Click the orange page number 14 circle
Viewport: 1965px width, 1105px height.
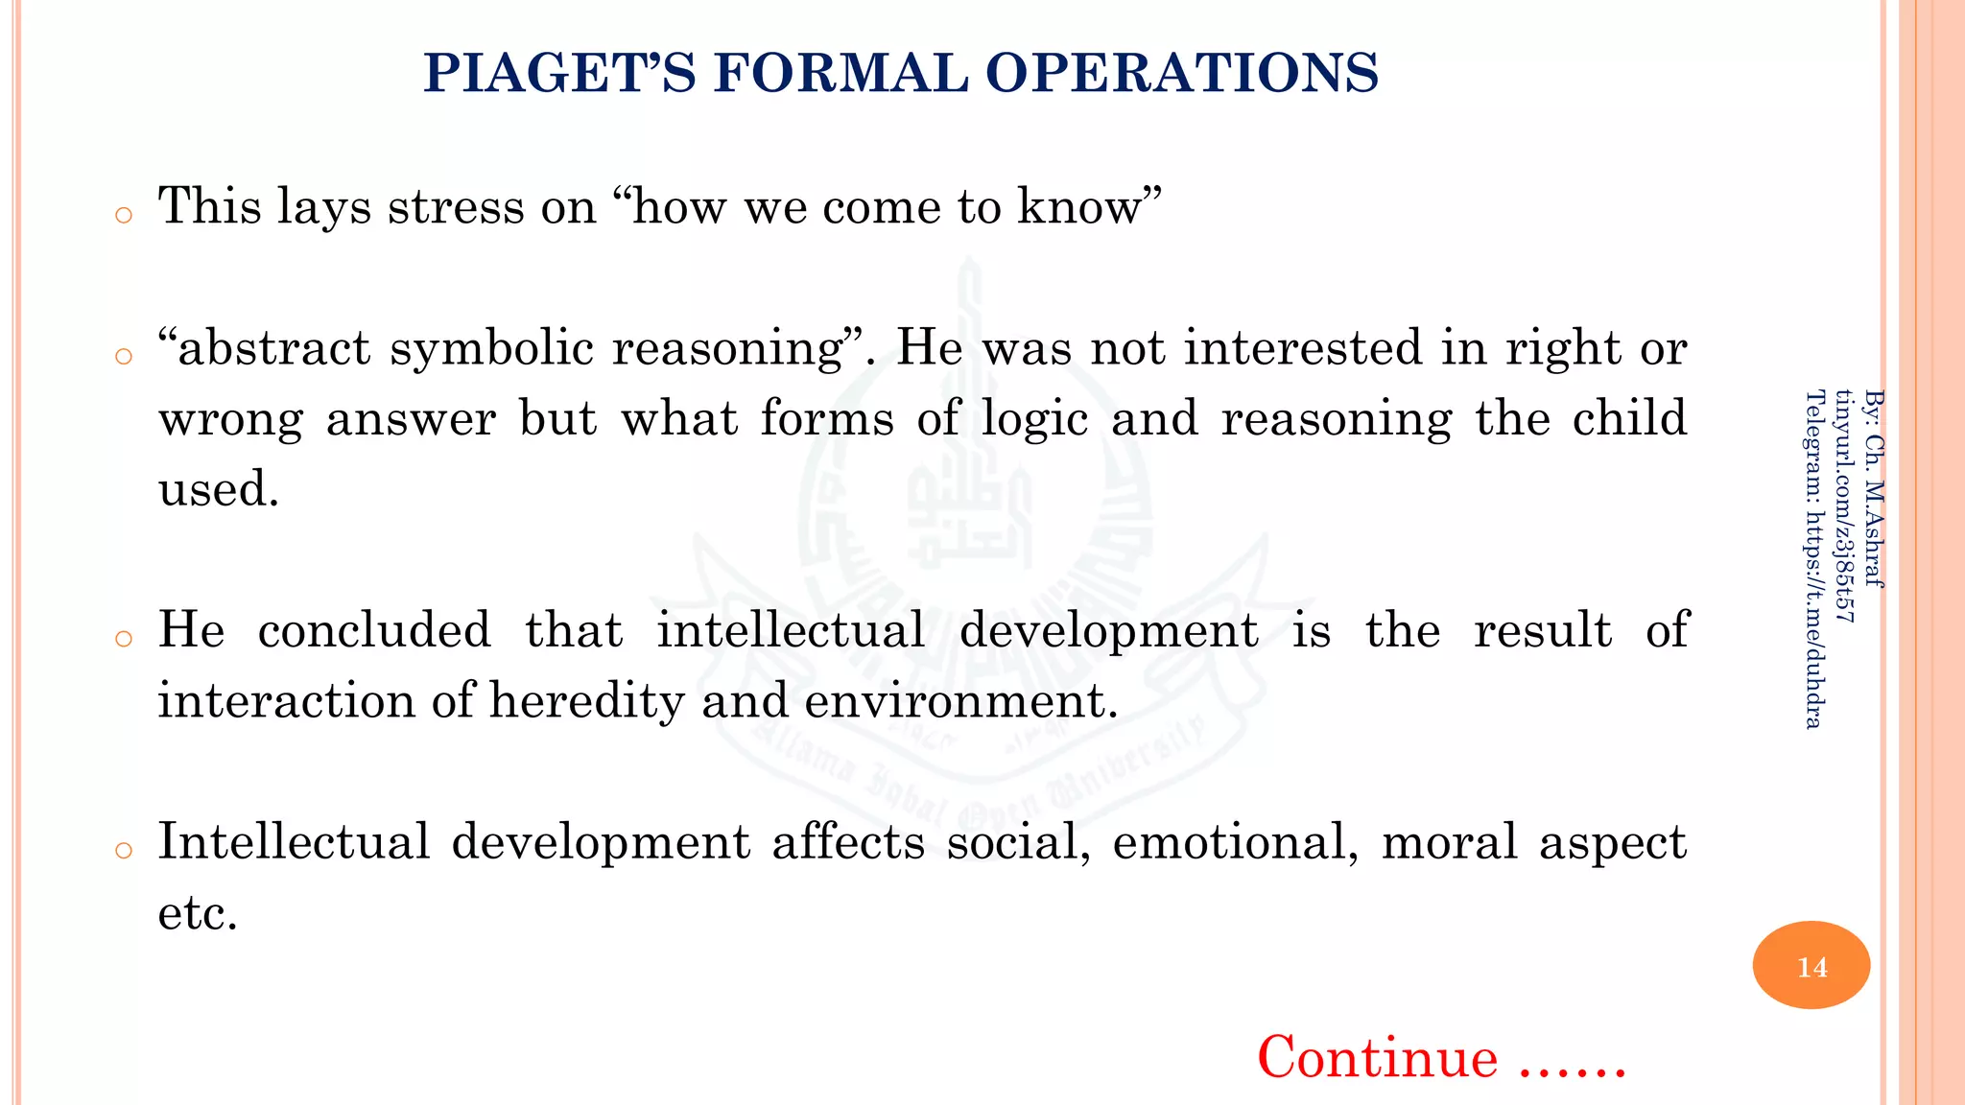(1811, 965)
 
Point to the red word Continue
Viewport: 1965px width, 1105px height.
(1377, 1057)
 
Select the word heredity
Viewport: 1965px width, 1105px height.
(586, 701)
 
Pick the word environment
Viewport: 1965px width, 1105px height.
(960, 701)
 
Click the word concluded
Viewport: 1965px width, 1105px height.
(374, 631)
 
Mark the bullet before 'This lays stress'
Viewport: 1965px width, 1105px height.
(123, 215)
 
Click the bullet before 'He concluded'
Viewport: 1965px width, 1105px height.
(123, 639)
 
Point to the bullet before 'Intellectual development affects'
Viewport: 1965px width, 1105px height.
(123, 851)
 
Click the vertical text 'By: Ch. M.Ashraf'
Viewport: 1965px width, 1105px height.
(1874, 487)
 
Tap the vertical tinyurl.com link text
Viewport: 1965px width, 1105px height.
(1844, 505)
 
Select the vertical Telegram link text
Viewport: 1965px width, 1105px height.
(1813, 558)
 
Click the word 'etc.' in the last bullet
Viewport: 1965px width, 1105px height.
(198, 913)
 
